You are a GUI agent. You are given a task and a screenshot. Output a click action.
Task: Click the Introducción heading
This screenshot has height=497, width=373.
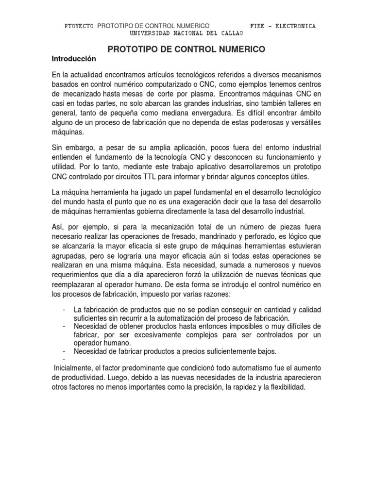click(x=74, y=59)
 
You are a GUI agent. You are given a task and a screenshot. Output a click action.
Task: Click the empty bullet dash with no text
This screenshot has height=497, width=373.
click(x=64, y=360)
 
